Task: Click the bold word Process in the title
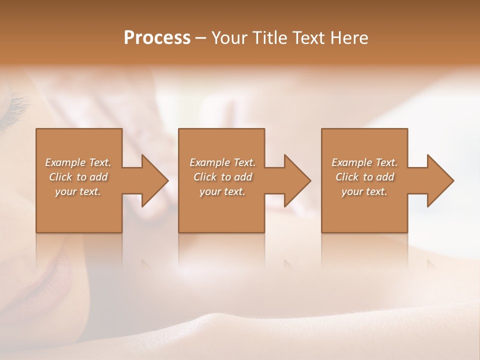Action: (157, 38)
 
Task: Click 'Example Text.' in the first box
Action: (78, 162)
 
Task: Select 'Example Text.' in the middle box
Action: (222, 162)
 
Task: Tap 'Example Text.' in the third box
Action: (364, 162)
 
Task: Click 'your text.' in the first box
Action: (78, 191)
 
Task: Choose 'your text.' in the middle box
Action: (222, 191)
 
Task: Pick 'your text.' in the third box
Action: (364, 191)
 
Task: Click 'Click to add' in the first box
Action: (78, 177)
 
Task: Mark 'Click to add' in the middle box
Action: (222, 177)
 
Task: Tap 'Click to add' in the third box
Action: (364, 177)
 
